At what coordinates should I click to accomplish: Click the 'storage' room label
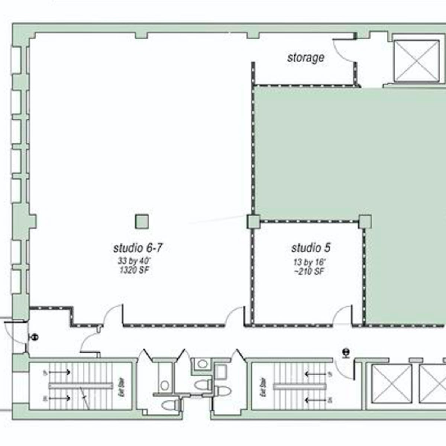tap(306, 58)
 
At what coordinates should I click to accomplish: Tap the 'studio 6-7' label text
tap(138, 248)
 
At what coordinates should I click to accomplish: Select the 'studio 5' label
tap(311, 248)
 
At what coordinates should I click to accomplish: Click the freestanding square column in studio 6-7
tap(142, 222)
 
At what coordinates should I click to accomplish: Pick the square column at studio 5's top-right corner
tap(365, 222)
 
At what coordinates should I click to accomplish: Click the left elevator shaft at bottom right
tap(392, 384)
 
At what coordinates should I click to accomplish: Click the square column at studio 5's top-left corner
tap(253, 222)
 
